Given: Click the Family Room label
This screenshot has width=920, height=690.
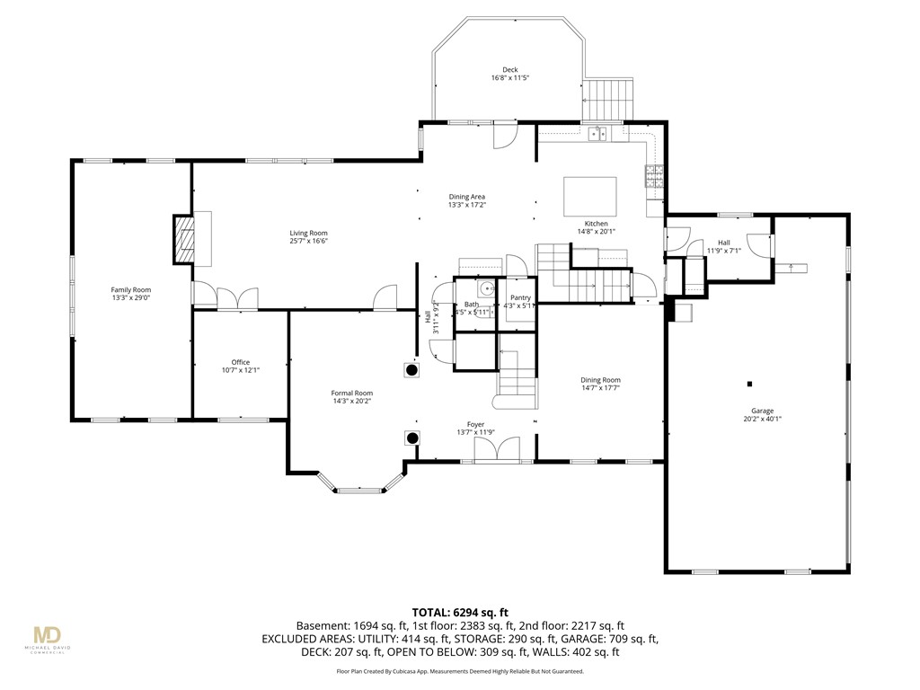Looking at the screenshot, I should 130,289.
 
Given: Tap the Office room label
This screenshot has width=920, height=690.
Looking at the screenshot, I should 240,362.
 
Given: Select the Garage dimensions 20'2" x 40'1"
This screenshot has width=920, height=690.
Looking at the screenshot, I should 763,419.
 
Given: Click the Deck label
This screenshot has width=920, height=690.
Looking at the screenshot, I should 509,70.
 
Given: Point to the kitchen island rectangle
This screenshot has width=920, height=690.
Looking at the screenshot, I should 590,194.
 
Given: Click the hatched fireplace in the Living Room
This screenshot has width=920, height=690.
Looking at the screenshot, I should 183,238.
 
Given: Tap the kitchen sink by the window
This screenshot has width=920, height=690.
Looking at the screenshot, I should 597,135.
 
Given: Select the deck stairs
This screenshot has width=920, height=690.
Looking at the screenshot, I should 608,99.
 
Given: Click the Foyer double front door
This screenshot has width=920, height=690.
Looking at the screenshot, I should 497,449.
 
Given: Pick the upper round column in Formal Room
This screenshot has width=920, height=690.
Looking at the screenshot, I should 411,369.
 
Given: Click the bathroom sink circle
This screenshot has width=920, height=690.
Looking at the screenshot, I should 485,289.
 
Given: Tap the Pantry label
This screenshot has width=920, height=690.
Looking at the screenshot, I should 520,297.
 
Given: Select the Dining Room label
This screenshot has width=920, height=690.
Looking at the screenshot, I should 600,380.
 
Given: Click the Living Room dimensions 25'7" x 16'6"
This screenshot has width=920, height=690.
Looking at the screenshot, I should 308,241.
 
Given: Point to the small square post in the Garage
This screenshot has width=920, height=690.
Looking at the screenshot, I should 749,384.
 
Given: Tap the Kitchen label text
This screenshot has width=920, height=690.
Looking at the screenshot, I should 597,223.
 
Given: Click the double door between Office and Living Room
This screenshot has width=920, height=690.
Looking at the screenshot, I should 238,298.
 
